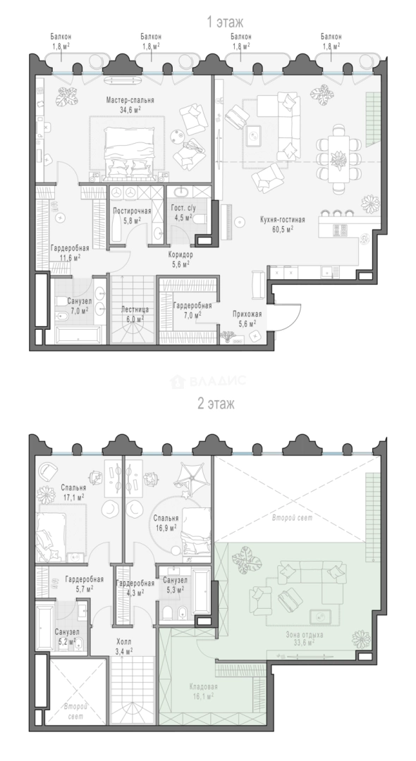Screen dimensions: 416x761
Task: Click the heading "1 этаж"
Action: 225,23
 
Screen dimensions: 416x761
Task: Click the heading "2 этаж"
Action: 216,404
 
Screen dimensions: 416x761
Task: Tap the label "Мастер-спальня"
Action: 130,101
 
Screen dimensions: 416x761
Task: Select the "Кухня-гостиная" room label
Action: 283,220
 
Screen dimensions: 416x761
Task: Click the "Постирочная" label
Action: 132,211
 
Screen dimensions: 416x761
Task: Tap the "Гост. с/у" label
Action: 183,208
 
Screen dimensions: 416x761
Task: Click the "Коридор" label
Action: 181,255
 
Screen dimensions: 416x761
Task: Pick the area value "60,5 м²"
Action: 283,228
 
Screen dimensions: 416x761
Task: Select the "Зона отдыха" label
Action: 305,634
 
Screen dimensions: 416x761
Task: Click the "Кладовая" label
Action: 203,687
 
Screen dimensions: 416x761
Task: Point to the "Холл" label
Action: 125,642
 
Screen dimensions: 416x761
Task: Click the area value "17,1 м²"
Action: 74,497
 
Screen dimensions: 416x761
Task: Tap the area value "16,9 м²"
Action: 166,526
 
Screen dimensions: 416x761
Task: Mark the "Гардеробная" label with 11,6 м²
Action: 66,249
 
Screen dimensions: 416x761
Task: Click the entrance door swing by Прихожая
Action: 288,318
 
